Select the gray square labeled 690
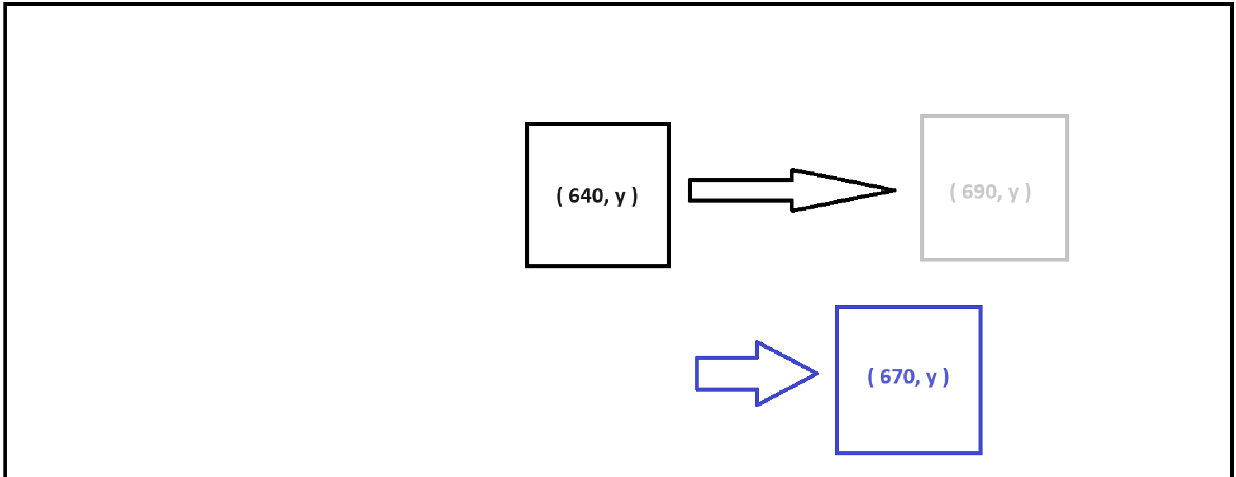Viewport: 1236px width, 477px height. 994,230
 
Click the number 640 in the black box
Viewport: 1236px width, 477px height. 585,196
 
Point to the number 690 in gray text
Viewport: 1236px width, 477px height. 979,192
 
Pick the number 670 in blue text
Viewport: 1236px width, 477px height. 897,377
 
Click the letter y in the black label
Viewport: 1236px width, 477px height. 620,197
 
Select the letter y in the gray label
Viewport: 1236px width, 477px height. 1013,193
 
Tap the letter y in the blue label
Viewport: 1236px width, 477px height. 931,378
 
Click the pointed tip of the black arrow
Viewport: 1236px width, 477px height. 894,190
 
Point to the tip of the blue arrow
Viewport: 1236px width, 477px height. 817,373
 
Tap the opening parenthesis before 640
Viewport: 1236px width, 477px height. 559,196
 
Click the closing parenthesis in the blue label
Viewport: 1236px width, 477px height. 946,377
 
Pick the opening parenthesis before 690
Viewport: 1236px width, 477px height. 953,192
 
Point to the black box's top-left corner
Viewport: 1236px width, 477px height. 528,125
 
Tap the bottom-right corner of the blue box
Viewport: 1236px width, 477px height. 980,452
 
